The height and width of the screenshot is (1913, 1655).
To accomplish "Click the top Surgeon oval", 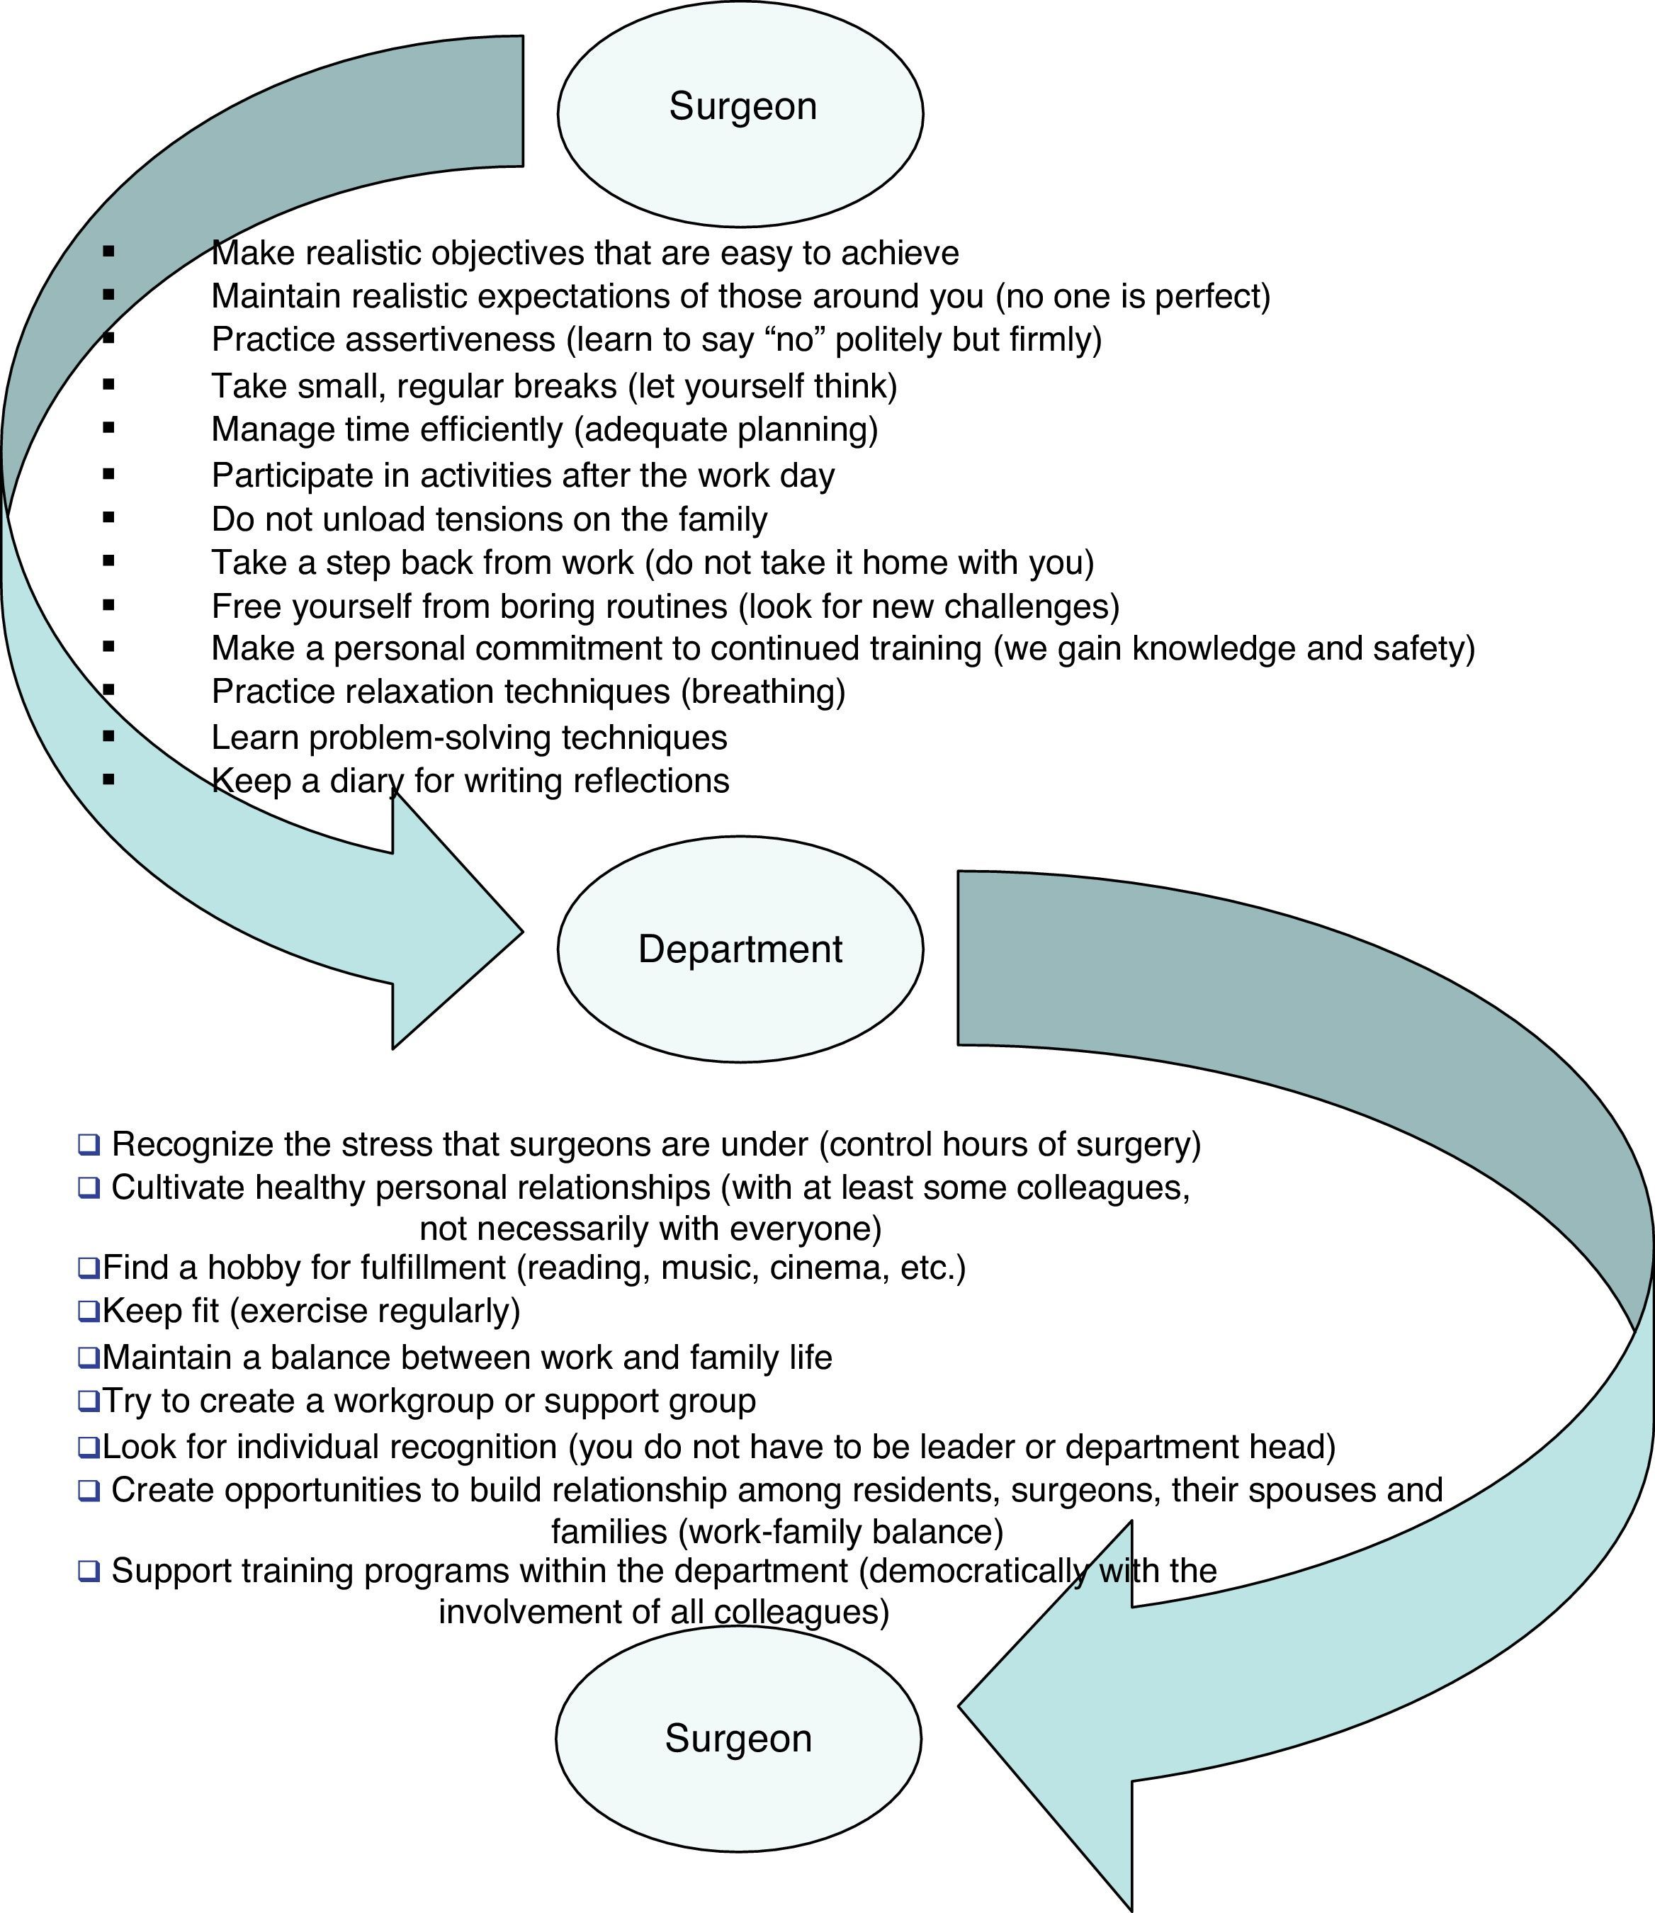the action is [x=740, y=113].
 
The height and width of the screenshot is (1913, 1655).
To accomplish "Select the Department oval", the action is [x=740, y=949].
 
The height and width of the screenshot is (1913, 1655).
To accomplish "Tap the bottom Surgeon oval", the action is [x=738, y=1739].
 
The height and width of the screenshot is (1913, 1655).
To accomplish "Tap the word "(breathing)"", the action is [x=763, y=692].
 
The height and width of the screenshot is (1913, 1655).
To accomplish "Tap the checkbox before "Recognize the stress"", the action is [x=89, y=1144].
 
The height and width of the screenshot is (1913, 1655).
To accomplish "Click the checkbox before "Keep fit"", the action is [x=89, y=1311].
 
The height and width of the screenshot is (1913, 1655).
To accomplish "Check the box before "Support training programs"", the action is [x=89, y=1570].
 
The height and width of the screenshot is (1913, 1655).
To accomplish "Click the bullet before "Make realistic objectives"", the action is [x=109, y=252].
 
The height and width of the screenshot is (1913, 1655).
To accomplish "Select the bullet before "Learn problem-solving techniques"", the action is [x=109, y=736].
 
